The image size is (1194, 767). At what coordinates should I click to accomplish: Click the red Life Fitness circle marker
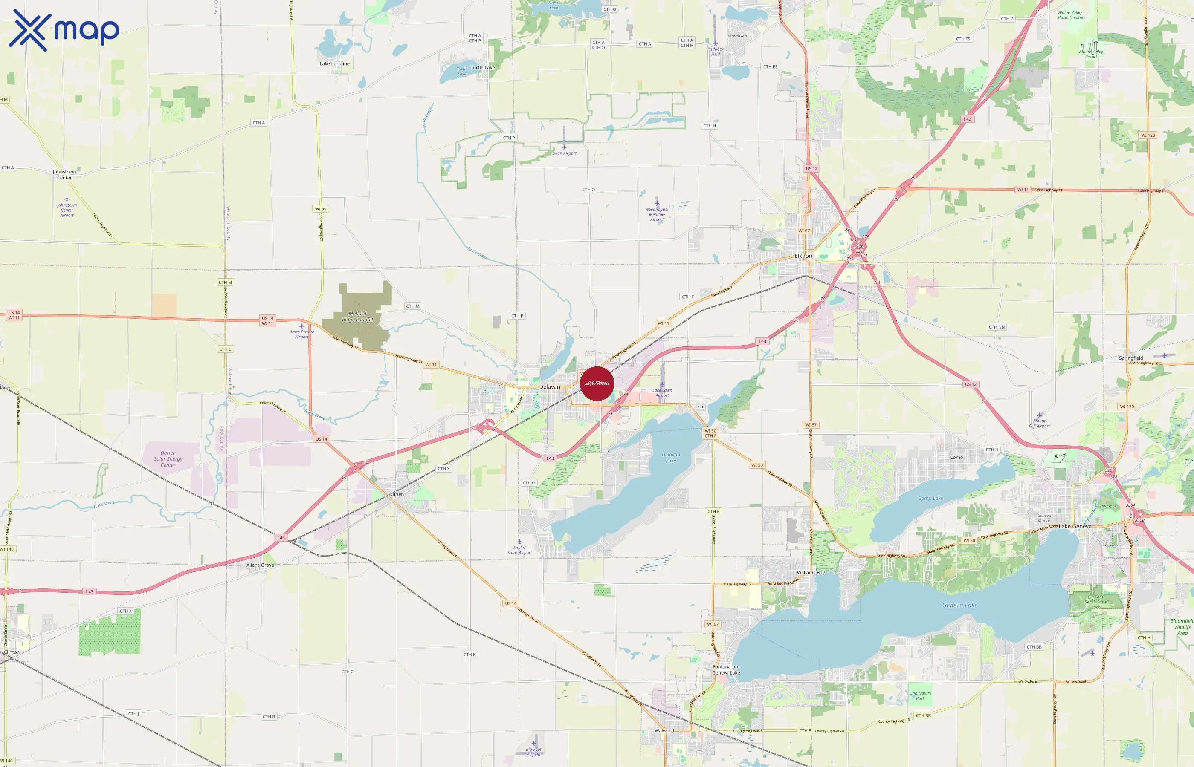coord(597,383)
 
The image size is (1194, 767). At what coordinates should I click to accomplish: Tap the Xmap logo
coord(64,30)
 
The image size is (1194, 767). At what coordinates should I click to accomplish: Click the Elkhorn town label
coord(804,256)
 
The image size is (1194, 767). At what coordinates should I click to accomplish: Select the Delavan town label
coord(550,387)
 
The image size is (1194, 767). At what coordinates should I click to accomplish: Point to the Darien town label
coord(397,494)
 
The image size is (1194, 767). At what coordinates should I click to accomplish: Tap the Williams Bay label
coord(810,573)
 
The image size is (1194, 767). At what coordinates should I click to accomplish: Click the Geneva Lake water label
coord(959,605)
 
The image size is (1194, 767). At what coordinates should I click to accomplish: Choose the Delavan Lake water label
coord(671,458)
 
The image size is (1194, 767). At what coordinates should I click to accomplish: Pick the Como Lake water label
coord(930,498)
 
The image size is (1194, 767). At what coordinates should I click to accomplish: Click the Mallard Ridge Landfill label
coord(357,317)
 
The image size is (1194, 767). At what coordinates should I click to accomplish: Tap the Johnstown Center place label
coord(64,175)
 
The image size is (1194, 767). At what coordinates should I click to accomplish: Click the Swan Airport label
coord(564,153)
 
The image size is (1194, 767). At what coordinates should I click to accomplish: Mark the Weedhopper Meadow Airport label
coord(657,215)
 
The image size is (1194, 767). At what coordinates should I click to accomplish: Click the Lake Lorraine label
coord(334,64)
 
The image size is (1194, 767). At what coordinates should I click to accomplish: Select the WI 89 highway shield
coord(320,209)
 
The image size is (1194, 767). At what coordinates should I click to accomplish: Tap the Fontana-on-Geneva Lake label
coord(726,669)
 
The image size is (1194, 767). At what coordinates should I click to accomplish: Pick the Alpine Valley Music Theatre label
coord(1070,15)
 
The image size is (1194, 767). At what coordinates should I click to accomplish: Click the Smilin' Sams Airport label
coord(519,550)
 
